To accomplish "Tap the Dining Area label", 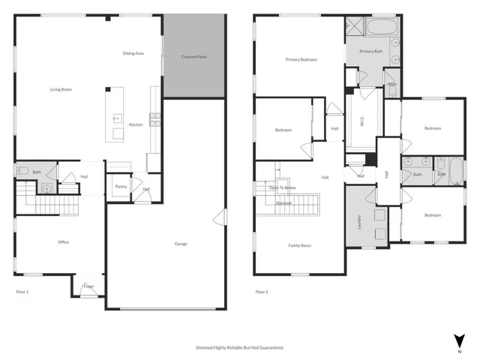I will coord(134,53).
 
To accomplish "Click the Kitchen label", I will coord(136,124).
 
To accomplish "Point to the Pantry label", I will coord(120,187).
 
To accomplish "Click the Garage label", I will coord(181,244).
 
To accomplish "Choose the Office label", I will coord(64,242).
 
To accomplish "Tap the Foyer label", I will coord(88,286).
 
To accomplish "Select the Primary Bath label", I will coord(371,51).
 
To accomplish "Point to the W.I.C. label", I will coord(361,121).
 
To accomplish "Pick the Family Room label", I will coord(300,245).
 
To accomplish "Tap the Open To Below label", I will coord(283,187).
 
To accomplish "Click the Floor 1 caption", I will coord(22,291).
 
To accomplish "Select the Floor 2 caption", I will coord(261,291).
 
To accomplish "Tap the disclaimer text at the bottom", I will coord(240,348).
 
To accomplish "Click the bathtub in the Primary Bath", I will coord(382,28).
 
